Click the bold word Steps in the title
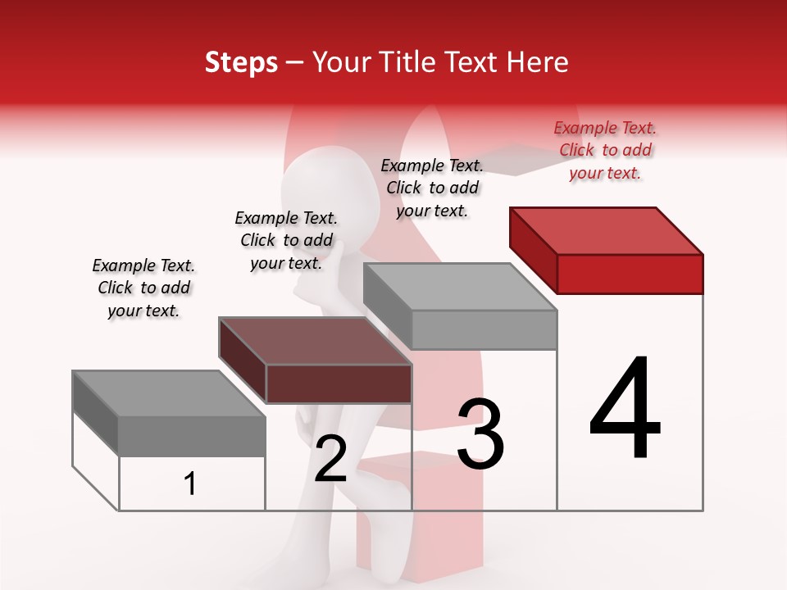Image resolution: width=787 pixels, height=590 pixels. pos(241,62)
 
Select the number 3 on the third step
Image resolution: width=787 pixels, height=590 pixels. pos(480,434)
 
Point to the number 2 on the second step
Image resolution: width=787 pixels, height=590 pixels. pos(330,459)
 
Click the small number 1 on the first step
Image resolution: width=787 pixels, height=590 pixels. pos(190,484)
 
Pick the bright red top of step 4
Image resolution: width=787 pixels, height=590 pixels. pos(607,230)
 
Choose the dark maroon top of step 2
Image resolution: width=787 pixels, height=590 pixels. pos(316,340)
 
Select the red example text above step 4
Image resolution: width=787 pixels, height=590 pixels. pos(605,150)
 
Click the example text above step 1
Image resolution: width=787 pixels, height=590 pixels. pos(143,288)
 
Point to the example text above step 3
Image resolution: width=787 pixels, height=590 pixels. pos(432,188)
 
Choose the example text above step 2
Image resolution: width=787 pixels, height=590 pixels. pos(286,240)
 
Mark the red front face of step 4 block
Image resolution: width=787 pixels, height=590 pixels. pos(630,274)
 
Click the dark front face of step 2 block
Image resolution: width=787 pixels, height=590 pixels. pos(339,383)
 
